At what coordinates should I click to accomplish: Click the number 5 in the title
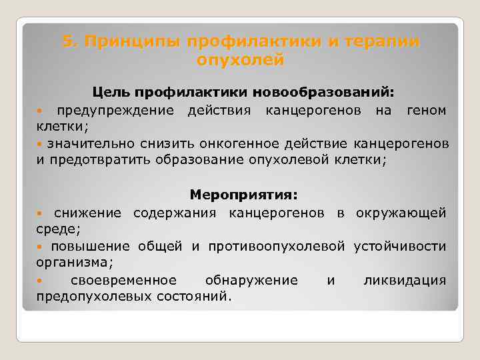tap(67, 42)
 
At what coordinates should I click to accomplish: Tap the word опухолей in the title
tap(241, 61)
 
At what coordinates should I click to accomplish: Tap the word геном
tap(426, 109)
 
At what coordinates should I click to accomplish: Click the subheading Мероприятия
tap(244, 195)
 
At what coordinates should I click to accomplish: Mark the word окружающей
tap(401, 213)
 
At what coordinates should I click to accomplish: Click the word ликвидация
tap(405, 280)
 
